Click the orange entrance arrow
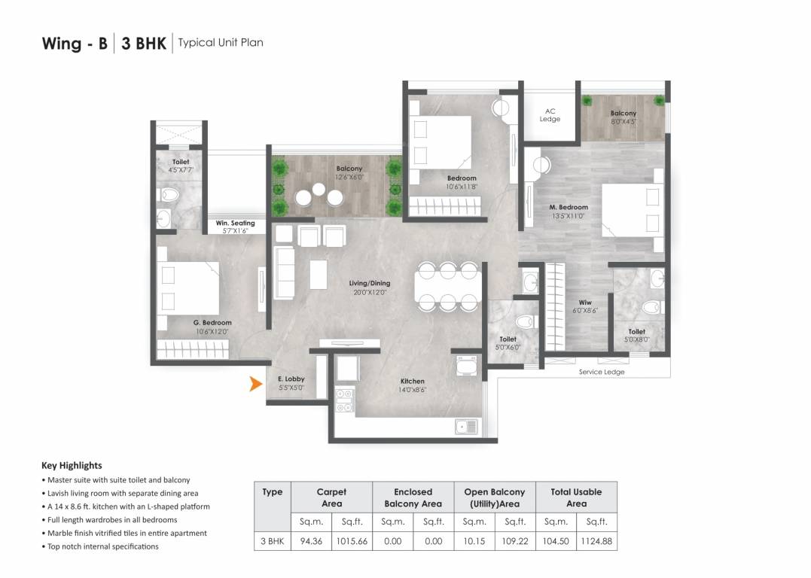click(256, 385)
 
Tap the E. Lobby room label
click(291, 379)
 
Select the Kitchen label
click(413, 382)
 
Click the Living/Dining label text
click(369, 283)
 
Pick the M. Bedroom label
click(569, 207)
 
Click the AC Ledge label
click(550, 115)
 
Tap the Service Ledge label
click(602, 372)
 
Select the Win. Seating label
click(235, 223)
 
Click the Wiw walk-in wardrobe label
click(585, 303)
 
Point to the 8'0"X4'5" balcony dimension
click(623, 121)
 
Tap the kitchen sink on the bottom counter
click(467, 427)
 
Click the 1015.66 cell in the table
click(352, 541)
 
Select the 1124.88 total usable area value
click(596, 541)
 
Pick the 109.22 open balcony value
click(515, 541)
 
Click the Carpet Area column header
click(331, 497)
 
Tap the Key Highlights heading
click(72, 465)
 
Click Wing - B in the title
click(75, 43)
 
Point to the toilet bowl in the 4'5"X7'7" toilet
click(169, 196)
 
